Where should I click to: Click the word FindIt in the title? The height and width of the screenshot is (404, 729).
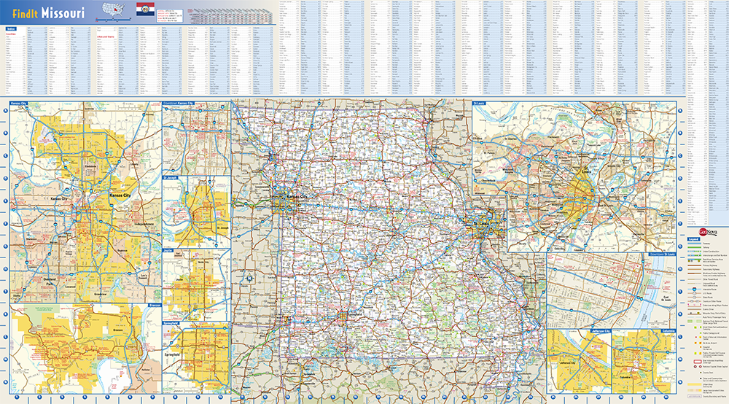point(25,14)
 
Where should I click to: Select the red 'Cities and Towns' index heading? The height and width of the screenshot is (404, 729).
point(106,36)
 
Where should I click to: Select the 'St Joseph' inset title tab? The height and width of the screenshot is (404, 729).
point(170,176)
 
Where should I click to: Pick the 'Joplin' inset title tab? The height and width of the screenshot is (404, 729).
point(168,249)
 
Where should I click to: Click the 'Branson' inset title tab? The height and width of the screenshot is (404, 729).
point(154,305)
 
